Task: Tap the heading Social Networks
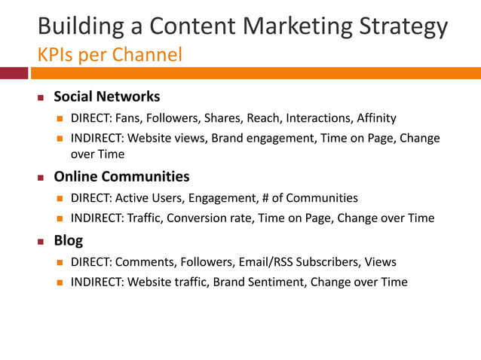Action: (x=106, y=96)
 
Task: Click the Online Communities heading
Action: (x=121, y=177)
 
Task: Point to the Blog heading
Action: (x=68, y=241)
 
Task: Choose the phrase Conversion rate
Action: (x=208, y=218)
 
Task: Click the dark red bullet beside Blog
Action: (x=42, y=242)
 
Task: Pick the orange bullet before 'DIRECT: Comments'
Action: (x=60, y=263)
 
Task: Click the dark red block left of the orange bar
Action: (x=14, y=73)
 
